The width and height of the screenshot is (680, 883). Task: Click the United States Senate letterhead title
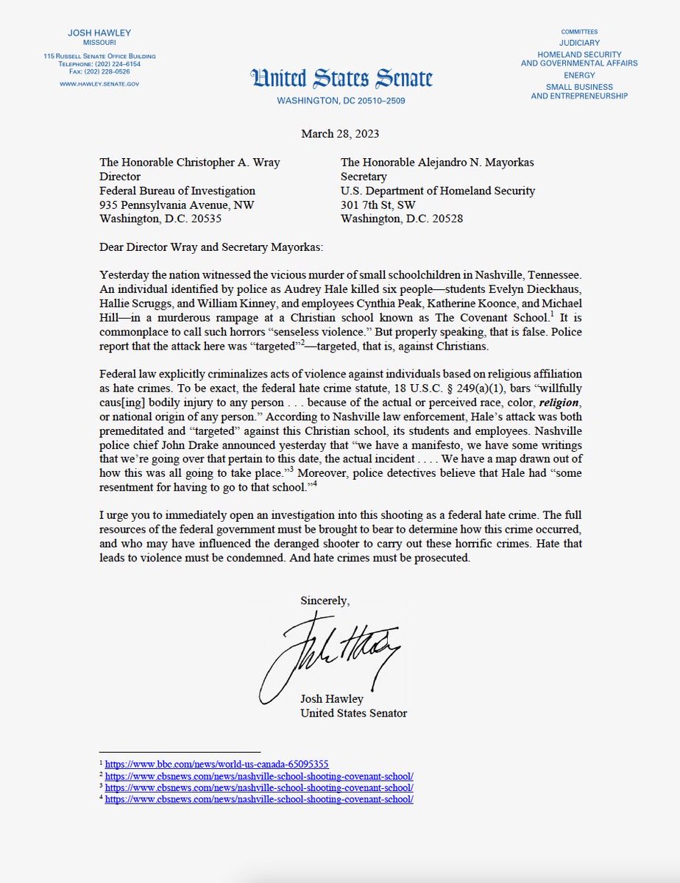(x=341, y=78)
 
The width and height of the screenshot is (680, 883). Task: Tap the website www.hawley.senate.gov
(x=99, y=84)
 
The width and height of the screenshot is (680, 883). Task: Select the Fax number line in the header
(x=99, y=71)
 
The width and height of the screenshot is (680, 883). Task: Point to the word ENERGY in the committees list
(x=579, y=75)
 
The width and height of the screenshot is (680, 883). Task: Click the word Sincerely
(x=325, y=600)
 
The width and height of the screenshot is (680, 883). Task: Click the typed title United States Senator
(x=353, y=713)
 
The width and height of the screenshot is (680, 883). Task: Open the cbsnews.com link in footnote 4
(x=258, y=799)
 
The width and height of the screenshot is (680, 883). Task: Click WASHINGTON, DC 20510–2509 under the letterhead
(x=340, y=101)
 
